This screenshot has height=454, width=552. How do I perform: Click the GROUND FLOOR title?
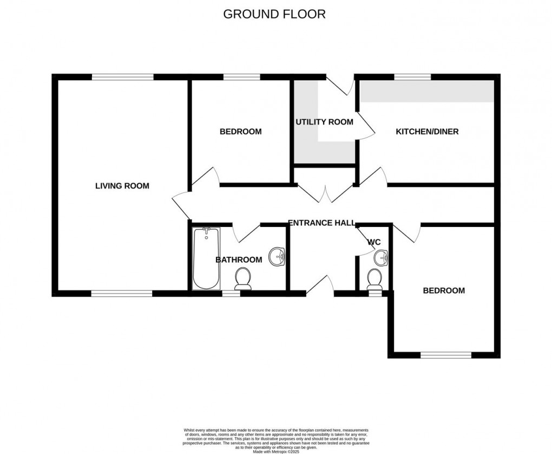coord(274,14)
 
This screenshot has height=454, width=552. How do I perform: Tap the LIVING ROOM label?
coord(122,186)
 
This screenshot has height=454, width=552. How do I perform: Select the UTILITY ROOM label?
coord(324,122)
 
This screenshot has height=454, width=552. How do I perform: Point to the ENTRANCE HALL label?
coord(321,223)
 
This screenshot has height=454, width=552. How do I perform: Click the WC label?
coord(374,242)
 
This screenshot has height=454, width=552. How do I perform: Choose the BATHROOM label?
coord(239,260)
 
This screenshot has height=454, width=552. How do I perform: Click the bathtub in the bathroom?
coord(206,258)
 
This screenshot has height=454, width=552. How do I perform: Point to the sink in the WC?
coord(382,258)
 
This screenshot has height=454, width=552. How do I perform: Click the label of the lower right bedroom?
coord(444,291)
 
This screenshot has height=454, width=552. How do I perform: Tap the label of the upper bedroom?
coord(240,132)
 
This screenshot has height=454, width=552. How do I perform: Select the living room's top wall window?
coord(122,77)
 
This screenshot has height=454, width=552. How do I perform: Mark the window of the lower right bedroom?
coord(446,355)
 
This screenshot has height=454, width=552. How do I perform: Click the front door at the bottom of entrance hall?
coord(320,286)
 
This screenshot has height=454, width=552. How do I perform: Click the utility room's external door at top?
coord(339,83)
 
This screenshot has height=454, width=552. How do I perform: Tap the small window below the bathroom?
coord(231,293)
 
